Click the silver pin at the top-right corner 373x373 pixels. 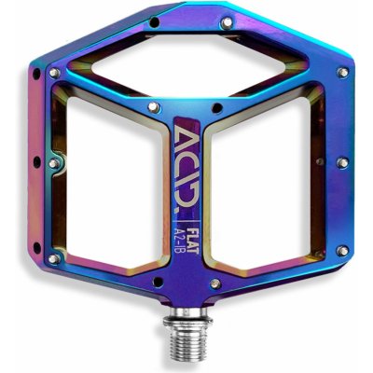pos(344,72)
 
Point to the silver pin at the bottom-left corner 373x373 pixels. pos(54,258)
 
